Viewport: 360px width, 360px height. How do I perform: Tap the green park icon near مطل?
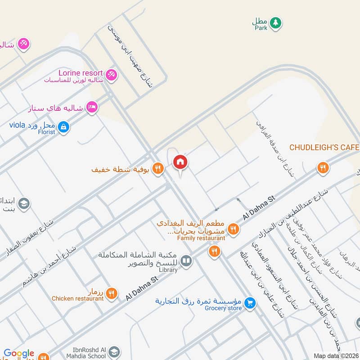pyautogui.click(x=275, y=22)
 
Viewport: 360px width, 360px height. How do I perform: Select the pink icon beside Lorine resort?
pyautogui.click(x=112, y=74)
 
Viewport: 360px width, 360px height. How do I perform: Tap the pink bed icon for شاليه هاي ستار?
pyautogui.click(x=92, y=107)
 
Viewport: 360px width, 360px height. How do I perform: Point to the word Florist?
pyautogui.click(x=46, y=132)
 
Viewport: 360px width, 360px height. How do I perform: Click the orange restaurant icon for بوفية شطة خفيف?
pyautogui.click(x=157, y=169)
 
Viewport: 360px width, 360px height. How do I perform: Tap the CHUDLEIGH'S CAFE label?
pyautogui.click(x=324, y=148)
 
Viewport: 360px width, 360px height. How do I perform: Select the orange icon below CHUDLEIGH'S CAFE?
pyautogui.click(x=323, y=168)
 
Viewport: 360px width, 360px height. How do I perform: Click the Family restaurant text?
pyautogui.click(x=201, y=238)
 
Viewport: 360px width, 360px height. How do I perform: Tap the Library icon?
pyautogui.click(x=186, y=260)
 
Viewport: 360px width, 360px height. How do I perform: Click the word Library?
pyautogui.click(x=168, y=270)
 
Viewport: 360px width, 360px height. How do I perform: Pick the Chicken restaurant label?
pyautogui.click(x=77, y=298)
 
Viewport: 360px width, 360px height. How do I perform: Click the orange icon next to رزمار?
pyautogui.click(x=112, y=293)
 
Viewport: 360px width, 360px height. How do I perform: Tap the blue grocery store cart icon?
pyautogui.click(x=251, y=303)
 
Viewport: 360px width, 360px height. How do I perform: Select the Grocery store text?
pyautogui.click(x=223, y=308)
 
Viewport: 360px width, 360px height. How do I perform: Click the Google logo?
pyautogui.click(x=19, y=354)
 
